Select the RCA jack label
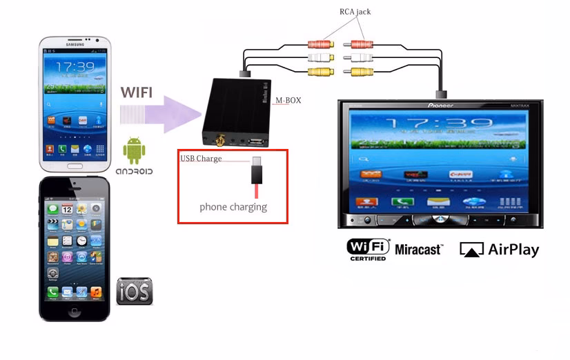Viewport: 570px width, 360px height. [x=356, y=12]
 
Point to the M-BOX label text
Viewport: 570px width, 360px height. [x=288, y=101]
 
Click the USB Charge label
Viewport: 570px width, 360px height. [x=201, y=159]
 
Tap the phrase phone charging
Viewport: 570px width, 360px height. [x=233, y=206]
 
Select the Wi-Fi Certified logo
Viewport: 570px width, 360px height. [x=368, y=249]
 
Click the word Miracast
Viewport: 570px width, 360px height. [x=418, y=249]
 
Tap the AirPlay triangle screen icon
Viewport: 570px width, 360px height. [x=471, y=250]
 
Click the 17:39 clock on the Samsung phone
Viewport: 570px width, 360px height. [x=75, y=68]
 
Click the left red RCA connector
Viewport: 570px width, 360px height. [x=320, y=44]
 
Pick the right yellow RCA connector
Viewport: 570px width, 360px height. [x=362, y=71]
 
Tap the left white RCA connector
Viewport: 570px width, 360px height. [x=320, y=58]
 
